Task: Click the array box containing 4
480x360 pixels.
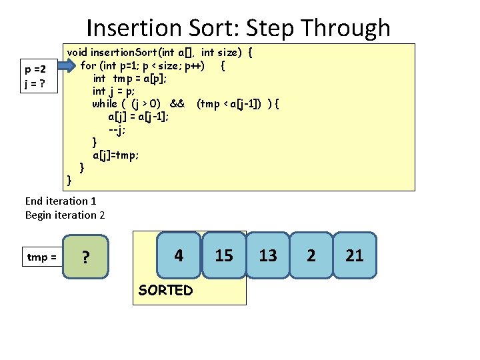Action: coord(179,255)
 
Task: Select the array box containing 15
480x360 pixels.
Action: coord(224,255)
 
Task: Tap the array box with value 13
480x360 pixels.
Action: coord(268,255)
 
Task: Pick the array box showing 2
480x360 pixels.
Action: coord(311,255)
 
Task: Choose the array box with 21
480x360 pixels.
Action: coord(355,255)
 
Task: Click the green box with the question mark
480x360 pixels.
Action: coord(85,257)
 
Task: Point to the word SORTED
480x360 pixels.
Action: coord(165,290)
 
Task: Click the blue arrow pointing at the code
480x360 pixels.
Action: coord(67,65)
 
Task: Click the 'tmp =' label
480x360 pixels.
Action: coord(41,257)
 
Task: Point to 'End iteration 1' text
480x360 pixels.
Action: coord(61,201)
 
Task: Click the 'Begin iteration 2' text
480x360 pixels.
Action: coord(65,215)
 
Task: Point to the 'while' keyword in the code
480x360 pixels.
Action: coord(104,103)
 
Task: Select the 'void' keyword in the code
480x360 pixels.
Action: coord(77,52)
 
